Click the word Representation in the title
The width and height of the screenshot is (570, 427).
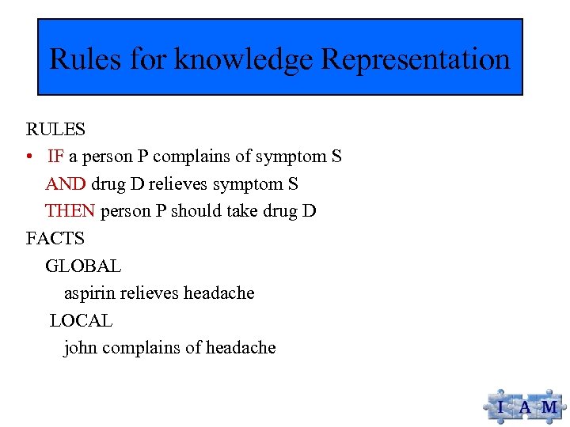coord(416,59)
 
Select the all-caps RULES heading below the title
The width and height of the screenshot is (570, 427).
coord(55,129)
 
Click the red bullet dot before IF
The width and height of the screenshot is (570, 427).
coord(29,157)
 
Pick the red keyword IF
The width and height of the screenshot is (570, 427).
coord(55,157)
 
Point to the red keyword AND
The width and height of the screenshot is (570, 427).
coord(66,183)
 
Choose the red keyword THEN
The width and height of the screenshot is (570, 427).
coord(70,211)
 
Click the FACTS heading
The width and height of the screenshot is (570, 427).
coord(55,238)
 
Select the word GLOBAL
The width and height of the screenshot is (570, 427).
coord(83,266)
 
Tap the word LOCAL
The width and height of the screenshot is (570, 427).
coord(81,320)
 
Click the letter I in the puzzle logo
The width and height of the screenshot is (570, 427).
coord(500,408)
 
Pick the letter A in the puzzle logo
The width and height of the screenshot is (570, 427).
coord(525,408)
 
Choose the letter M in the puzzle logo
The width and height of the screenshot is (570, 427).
coord(549,408)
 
